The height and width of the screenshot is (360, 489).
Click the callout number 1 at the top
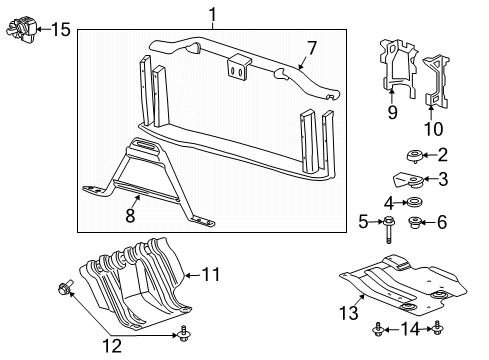(212, 13)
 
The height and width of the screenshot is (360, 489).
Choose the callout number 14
(410, 327)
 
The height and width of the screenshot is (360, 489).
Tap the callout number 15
(61, 29)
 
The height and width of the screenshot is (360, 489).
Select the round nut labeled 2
(410, 155)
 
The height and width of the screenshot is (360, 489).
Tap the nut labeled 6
(418, 222)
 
